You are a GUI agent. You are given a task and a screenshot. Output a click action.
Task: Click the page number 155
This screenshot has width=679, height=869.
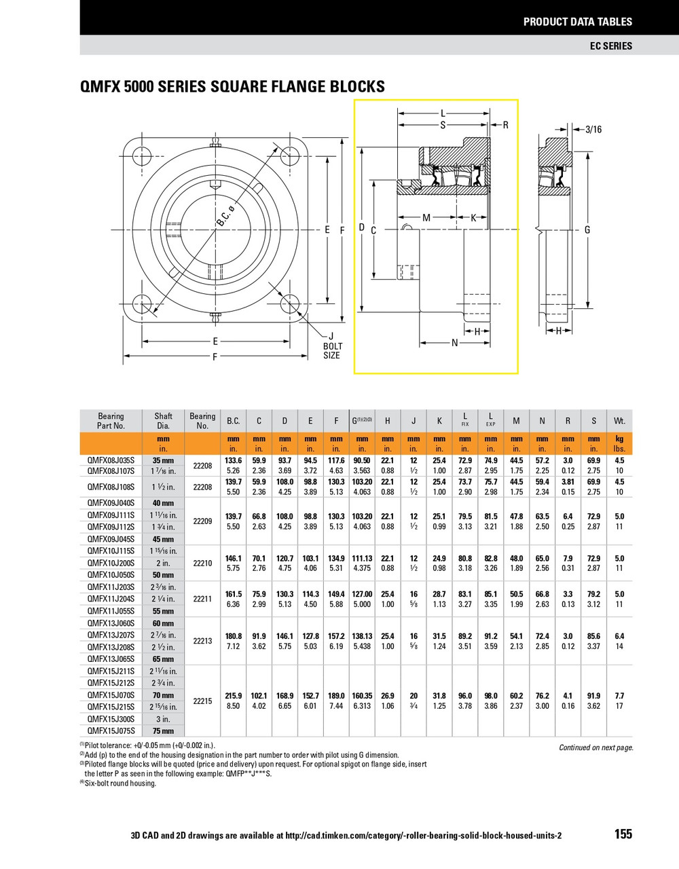coord(623,834)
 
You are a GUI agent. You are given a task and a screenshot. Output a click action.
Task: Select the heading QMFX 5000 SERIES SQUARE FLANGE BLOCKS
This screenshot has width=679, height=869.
coord(232,87)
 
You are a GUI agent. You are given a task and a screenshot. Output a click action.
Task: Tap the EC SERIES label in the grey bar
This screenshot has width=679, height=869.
coord(610,46)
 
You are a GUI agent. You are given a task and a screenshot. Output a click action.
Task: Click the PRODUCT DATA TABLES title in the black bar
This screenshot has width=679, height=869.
coord(577,22)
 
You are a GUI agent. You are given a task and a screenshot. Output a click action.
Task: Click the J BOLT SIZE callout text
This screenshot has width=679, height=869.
coord(331,346)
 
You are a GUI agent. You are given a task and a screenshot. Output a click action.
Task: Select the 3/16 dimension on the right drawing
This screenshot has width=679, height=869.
coord(593,129)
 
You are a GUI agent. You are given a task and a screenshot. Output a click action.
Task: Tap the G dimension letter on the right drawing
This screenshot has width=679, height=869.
coord(587,229)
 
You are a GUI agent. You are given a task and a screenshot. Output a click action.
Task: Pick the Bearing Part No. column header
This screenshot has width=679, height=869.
coord(111,421)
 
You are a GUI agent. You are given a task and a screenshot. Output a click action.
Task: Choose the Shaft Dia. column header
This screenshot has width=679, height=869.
coord(163,421)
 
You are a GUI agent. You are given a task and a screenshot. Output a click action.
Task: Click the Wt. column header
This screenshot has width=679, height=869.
coord(619,421)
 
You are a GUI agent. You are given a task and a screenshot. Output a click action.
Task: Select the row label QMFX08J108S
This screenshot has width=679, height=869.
coord(111,487)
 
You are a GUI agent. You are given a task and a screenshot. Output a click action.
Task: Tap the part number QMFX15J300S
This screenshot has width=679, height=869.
coord(111,719)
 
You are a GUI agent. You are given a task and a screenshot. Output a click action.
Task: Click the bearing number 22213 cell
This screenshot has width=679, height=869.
coord(202,641)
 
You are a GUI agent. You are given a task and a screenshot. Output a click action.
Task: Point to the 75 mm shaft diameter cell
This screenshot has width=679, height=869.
coord(163,731)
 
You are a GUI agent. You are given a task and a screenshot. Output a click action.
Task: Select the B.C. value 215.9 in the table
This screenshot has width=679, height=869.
coord(233,696)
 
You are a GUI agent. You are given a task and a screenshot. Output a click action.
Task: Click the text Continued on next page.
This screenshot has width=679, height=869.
coord(595,747)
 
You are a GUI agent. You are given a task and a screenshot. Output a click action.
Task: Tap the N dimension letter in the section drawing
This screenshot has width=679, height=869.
coord(455,343)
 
